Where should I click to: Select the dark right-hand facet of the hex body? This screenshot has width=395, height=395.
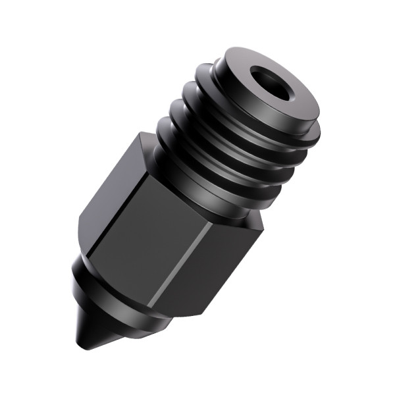point(224,263)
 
